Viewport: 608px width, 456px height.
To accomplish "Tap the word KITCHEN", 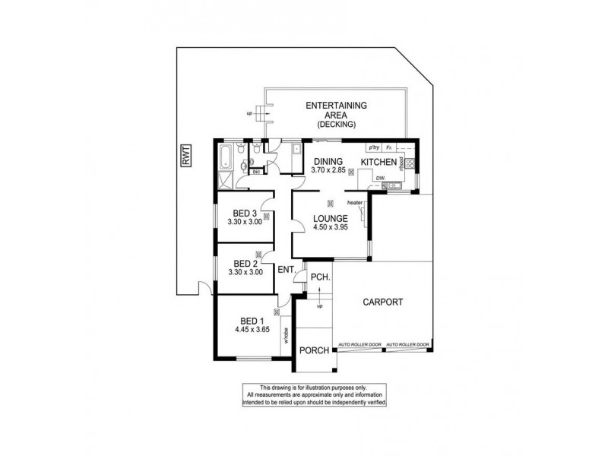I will [x=378, y=163].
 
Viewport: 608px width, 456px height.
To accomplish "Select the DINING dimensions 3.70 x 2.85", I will [x=328, y=172].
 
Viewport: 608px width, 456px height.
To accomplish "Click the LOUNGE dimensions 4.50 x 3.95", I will [x=329, y=226].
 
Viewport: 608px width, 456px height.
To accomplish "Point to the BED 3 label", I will [x=244, y=213].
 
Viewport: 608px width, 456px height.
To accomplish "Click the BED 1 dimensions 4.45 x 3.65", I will [x=251, y=331].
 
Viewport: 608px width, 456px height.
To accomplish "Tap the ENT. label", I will [x=287, y=270].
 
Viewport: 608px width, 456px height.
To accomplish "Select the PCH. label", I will [x=319, y=278].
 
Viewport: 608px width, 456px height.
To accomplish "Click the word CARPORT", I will [x=382, y=302].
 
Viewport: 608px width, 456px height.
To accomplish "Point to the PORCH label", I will [x=314, y=350].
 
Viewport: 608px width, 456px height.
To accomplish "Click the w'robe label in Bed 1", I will [x=287, y=334].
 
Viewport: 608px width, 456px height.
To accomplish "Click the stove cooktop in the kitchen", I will [x=410, y=163].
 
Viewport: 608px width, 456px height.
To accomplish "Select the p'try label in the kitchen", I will [x=373, y=147].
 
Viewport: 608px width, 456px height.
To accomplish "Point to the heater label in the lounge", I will [x=355, y=203].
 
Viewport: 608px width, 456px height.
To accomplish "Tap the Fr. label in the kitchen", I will [x=389, y=147].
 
